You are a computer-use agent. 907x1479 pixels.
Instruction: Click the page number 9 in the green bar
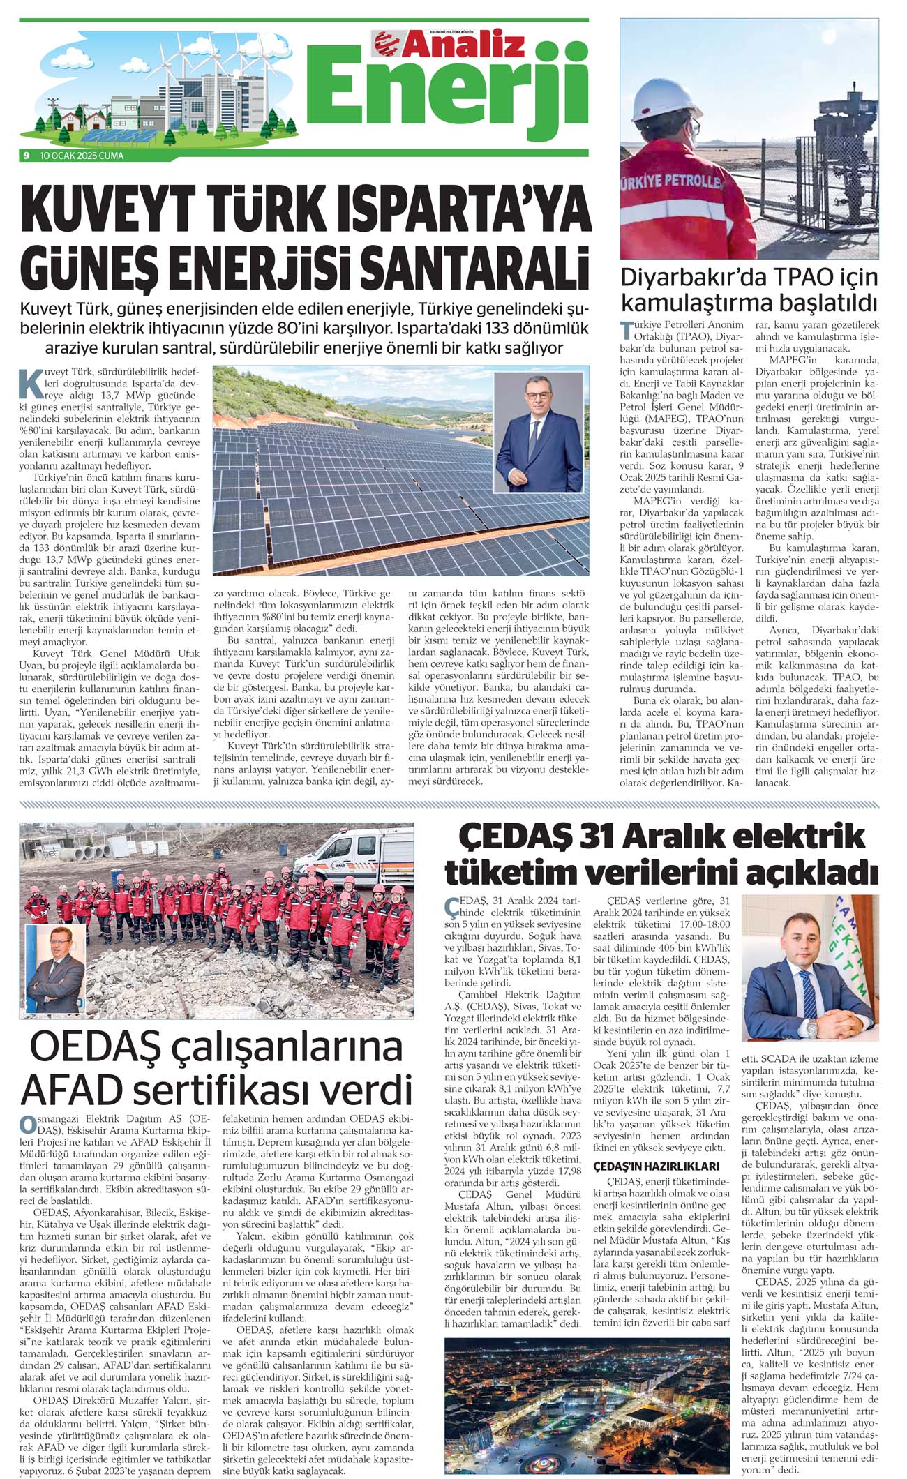[26, 156]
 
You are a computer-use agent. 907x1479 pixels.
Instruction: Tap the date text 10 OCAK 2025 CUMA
[82, 156]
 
